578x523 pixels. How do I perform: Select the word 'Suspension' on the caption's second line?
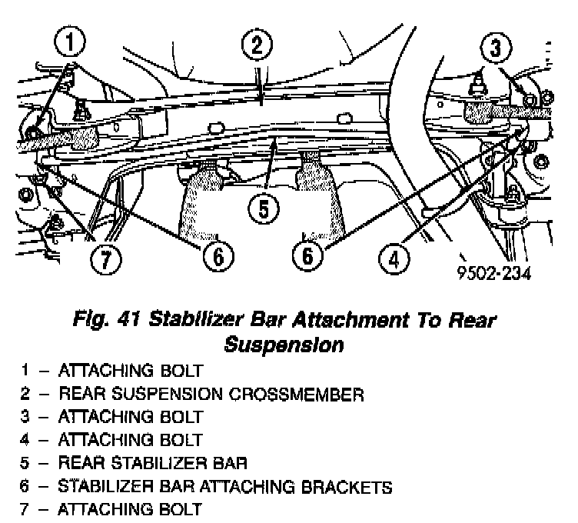click(284, 345)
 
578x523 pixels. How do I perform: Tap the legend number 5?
click(25, 463)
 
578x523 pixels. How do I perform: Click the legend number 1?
click(25, 371)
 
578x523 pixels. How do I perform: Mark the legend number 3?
click(25, 417)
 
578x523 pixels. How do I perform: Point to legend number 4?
click(25, 440)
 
